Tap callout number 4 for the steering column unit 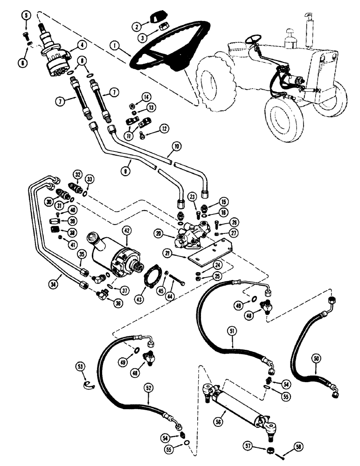pos(83,45)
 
